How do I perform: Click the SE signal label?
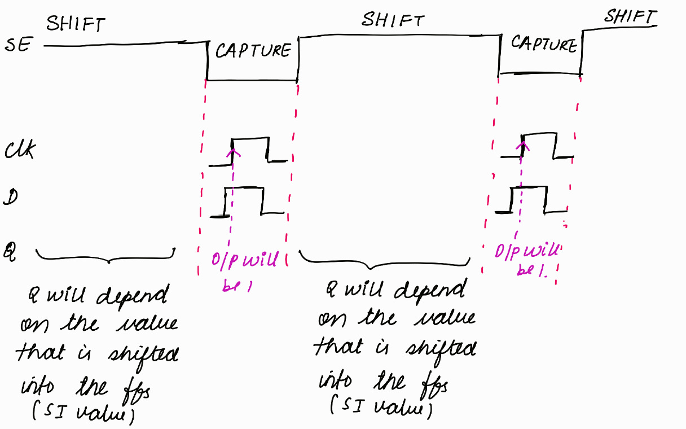tap(19, 46)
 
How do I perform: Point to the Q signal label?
tap(12, 249)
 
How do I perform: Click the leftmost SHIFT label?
tap(76, 24)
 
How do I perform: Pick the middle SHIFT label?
tap(392, 20)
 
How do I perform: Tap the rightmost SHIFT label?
tap(630, 16)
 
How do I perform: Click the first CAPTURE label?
tap(253, 51)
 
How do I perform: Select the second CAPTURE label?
tap(543, 43)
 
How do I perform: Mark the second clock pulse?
tap(539, 147)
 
